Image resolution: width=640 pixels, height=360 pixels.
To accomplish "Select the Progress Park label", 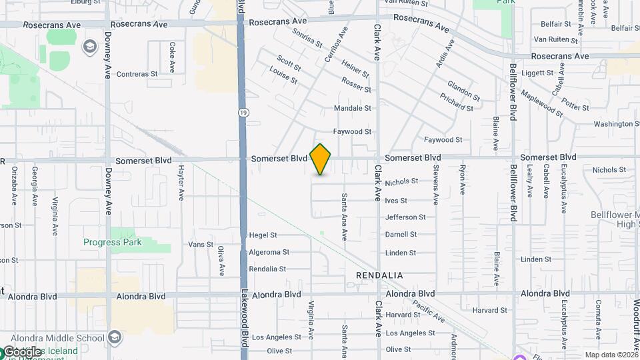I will (x=112, y=242).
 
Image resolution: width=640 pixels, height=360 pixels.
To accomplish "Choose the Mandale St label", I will (x=352, y=108).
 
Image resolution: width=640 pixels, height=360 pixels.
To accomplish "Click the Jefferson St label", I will (x=405, y=217).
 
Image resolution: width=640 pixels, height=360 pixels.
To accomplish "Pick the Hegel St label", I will (x=262, y=235).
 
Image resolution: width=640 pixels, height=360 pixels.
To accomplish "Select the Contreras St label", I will (x=137, y=74).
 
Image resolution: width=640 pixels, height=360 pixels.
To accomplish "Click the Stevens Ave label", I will (x=436, y=185).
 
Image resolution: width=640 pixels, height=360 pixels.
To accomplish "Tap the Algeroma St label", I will (x=269, y=253).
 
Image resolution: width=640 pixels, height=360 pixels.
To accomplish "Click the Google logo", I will (x=23, y=352).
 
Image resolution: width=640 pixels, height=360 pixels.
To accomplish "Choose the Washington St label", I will (x=611, y=124).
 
